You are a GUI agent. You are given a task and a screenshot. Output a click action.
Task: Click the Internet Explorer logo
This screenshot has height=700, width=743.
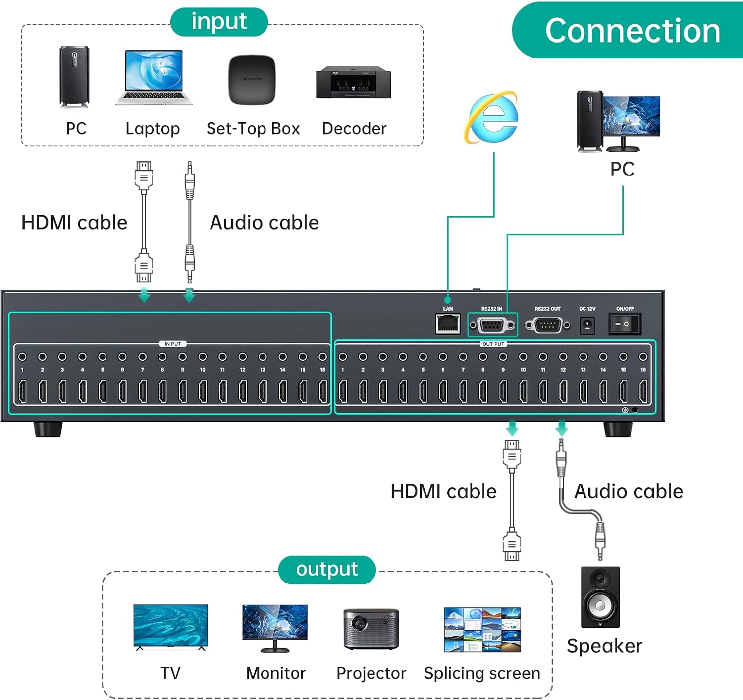491,117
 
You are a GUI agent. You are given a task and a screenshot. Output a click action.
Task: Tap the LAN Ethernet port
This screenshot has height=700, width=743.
448,325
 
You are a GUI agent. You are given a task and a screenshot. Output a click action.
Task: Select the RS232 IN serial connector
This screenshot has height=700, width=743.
492,325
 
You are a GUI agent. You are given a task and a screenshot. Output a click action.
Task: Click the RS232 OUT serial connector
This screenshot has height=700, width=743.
547,325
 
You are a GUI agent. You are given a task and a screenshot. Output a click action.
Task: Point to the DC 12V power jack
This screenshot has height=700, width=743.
587,325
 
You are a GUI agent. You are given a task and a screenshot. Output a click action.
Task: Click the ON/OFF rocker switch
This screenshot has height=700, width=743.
624,324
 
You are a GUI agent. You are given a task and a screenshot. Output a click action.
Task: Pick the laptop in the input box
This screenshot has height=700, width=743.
154,77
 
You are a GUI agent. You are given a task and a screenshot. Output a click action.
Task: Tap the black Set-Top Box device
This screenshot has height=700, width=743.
252,79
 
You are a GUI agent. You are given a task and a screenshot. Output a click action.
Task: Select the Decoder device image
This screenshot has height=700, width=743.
353,82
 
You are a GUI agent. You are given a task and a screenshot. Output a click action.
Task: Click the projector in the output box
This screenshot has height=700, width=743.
371,629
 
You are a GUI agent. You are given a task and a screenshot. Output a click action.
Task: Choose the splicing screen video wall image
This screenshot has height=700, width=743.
482,629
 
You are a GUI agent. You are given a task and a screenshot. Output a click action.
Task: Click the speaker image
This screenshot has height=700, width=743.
600,597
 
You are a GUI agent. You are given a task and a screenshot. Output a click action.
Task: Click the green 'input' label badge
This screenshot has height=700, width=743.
219,22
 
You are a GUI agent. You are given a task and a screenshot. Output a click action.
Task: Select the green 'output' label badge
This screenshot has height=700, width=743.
327,570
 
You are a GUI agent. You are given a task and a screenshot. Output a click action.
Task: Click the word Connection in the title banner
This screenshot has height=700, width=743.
633,31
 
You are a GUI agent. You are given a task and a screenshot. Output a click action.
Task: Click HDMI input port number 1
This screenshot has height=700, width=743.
22,391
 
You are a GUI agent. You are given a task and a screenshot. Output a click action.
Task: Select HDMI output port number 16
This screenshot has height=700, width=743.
643,391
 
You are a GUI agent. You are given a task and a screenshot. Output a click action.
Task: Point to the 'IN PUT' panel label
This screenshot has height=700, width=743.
172,344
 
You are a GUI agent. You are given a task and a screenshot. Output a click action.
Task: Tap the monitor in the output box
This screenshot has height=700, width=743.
275,627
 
